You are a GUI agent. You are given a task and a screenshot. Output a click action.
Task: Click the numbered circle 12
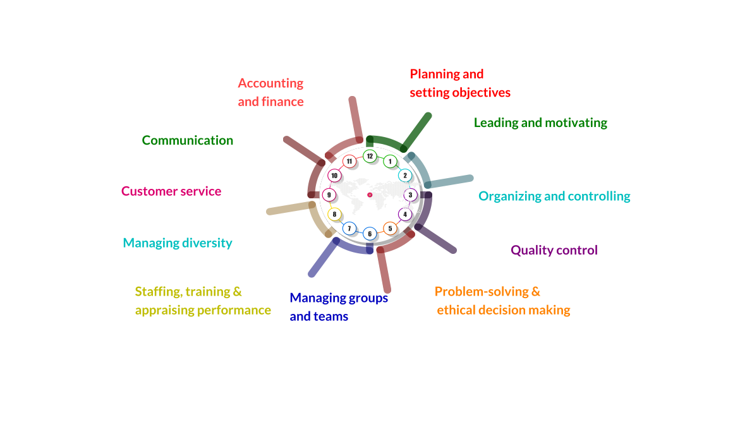pyautogui.click(x=370, y=156)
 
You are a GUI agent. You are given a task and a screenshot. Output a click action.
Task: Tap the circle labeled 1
pyautogui.click(x=390, y=162)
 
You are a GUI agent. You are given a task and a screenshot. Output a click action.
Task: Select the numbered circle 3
pyautogui.click(x=410, y=195)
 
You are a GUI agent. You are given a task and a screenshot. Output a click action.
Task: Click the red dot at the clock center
pyautogui.click(x=370, y=195)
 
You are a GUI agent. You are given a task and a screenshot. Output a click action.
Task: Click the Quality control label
pyautogui.click(x=554, y=250)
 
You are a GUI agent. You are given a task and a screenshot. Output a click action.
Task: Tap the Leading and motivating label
pyautogui.click(x=540, y=123)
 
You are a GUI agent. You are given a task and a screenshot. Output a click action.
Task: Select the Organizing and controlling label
pyautogui.click(x=554, y=196)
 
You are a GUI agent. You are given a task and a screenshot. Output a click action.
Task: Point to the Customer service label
pyautogui.click(x=171, y=191)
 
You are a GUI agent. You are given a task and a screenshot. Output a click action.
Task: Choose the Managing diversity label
pyautogui.click(x=178, y=243)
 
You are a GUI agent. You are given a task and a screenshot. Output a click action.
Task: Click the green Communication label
pyautogui.click(x=187, y=140)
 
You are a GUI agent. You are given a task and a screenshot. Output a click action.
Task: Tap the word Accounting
pyautogui.click(x=270, y=83)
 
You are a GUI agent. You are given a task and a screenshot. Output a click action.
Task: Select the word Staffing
pyautogui.click(x=156, y=292)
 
